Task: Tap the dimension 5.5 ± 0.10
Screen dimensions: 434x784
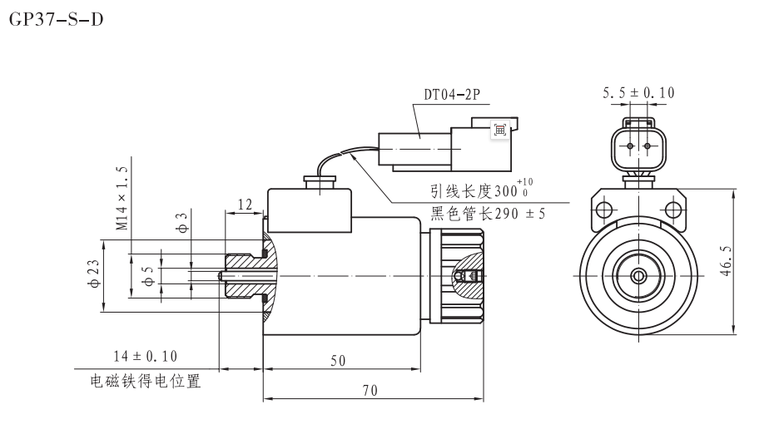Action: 638,93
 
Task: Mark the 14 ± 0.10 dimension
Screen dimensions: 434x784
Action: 146,357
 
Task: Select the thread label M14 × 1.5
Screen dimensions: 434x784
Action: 122,198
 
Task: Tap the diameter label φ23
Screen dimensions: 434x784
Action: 93,274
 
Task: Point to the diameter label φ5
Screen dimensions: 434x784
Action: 151,275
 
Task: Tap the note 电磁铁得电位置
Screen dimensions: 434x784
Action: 146,383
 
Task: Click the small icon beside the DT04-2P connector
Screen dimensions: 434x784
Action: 500,129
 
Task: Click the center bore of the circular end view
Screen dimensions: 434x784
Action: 638,275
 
